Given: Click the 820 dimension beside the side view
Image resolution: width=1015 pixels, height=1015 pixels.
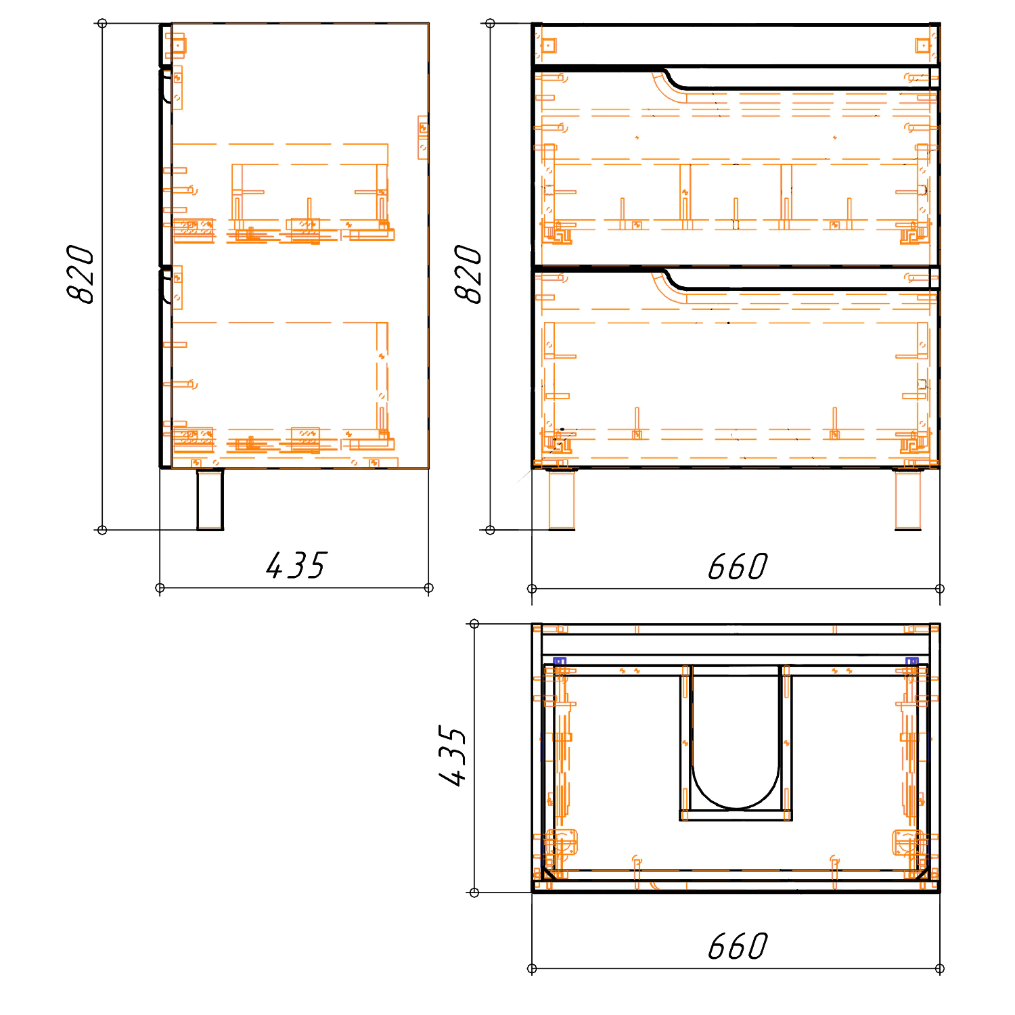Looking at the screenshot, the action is point(81,274).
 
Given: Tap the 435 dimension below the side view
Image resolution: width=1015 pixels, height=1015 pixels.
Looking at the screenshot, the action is point(296,566).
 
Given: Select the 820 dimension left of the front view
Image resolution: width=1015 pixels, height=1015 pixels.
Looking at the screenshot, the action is point(468,274).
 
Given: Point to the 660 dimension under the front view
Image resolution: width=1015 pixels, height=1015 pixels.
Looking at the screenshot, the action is point(738,567).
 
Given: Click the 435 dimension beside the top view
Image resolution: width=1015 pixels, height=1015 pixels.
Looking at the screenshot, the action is point(452,756).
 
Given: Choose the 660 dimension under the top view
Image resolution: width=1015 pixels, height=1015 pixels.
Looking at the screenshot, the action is point(738,946).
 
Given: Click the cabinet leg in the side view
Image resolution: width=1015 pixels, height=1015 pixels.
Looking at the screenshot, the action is point(210,499).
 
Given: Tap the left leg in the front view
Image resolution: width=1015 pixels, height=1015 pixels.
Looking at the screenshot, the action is point(562,499).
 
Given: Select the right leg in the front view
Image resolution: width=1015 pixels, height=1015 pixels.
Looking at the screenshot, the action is point(908,499).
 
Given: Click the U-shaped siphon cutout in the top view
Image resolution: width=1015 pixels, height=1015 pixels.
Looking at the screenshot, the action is point(736,808).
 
